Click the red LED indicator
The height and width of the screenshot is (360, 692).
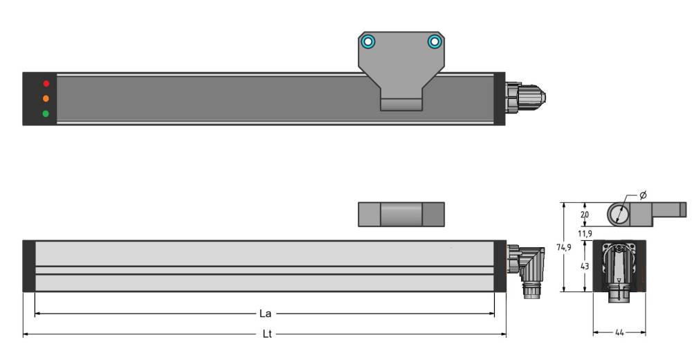[46, 84]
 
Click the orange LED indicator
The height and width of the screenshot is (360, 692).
[46, 98]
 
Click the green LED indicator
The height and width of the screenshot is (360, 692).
[46, 114]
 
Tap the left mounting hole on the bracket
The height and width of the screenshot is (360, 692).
[369, 42]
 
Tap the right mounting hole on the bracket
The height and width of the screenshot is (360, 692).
[434, 42]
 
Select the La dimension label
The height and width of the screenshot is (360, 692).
[265, 314]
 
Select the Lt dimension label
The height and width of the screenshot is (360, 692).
[266, 334]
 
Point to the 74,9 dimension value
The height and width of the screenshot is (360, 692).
[565, 246]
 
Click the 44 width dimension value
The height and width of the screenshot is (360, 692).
[619, 333]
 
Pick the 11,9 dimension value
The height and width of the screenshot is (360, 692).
[585, 233]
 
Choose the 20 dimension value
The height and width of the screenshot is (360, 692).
[585, 215]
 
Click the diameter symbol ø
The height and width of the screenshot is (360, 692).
[643, 195]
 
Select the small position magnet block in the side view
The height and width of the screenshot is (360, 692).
[401, 214]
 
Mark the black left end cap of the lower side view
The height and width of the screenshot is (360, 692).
[28, 266]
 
